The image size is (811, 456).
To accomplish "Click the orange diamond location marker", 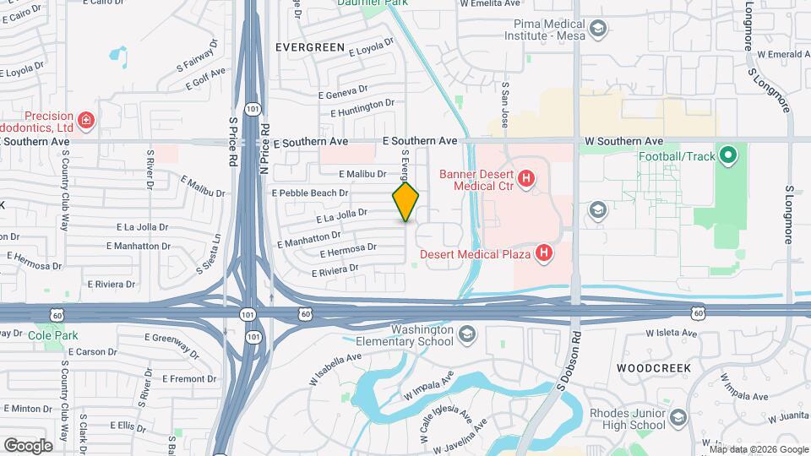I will (406, 202).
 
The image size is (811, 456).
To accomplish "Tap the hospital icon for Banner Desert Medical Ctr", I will (526, 178).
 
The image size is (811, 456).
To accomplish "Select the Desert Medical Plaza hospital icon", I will (545, 252).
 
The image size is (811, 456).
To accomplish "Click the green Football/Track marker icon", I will (728, 155).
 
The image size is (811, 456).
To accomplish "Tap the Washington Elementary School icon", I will (466, 336).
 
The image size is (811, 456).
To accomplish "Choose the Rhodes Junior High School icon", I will (677, 418).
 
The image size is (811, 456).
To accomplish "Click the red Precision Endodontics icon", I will (85, 121).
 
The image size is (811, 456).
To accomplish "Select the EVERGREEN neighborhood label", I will (309, 48).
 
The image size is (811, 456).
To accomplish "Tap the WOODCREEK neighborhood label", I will (654, 368).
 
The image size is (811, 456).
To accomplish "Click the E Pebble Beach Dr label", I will (310, 193).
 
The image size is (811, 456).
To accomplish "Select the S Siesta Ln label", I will (210, 254).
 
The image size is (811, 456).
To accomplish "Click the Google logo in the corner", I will (28, 445).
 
